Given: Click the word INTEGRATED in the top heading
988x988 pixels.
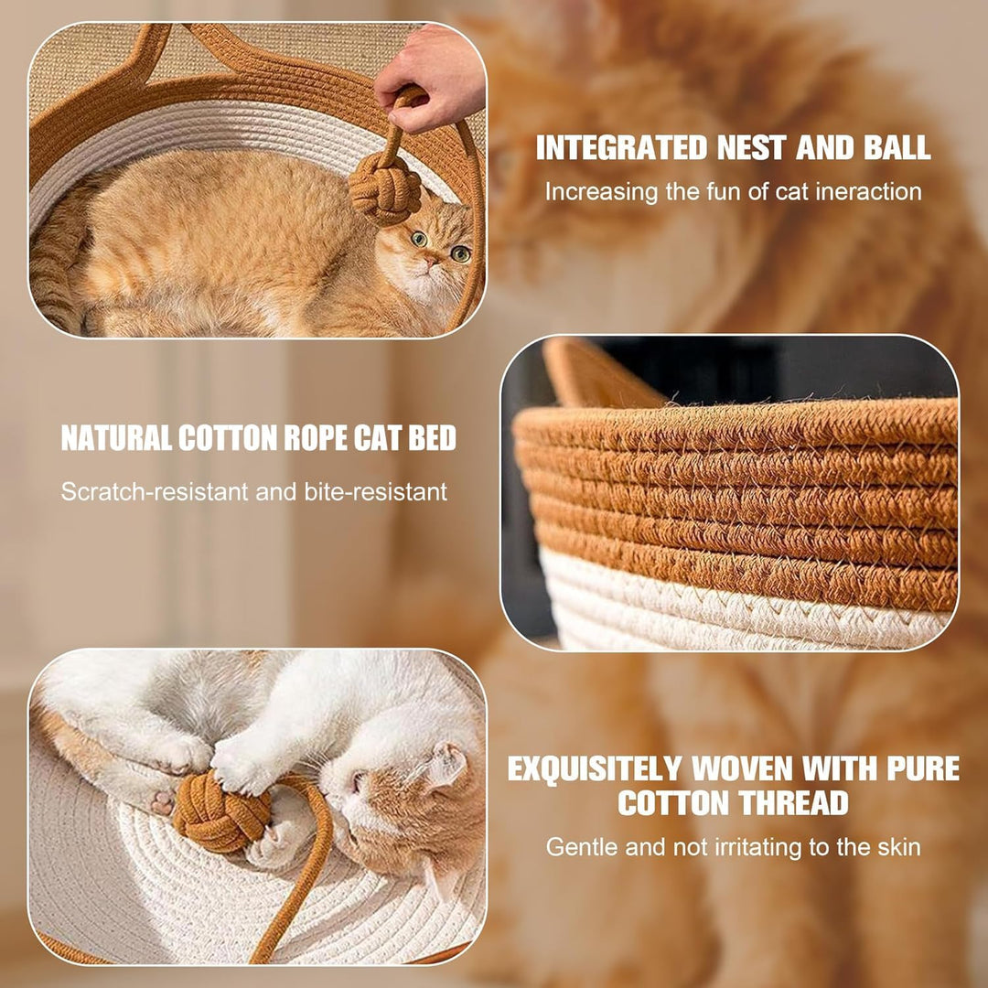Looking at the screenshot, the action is [621, 147].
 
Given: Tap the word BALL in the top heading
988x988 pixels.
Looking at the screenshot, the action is [896, 147].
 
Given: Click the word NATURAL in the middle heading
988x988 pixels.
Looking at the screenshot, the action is [116, 438].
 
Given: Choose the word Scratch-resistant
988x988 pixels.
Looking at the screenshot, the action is [155, 491].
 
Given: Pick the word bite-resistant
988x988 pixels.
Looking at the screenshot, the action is [376, 491].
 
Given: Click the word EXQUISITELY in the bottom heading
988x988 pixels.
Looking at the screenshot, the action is [595, 768].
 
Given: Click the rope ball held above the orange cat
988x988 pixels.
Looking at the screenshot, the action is [384, 188].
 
